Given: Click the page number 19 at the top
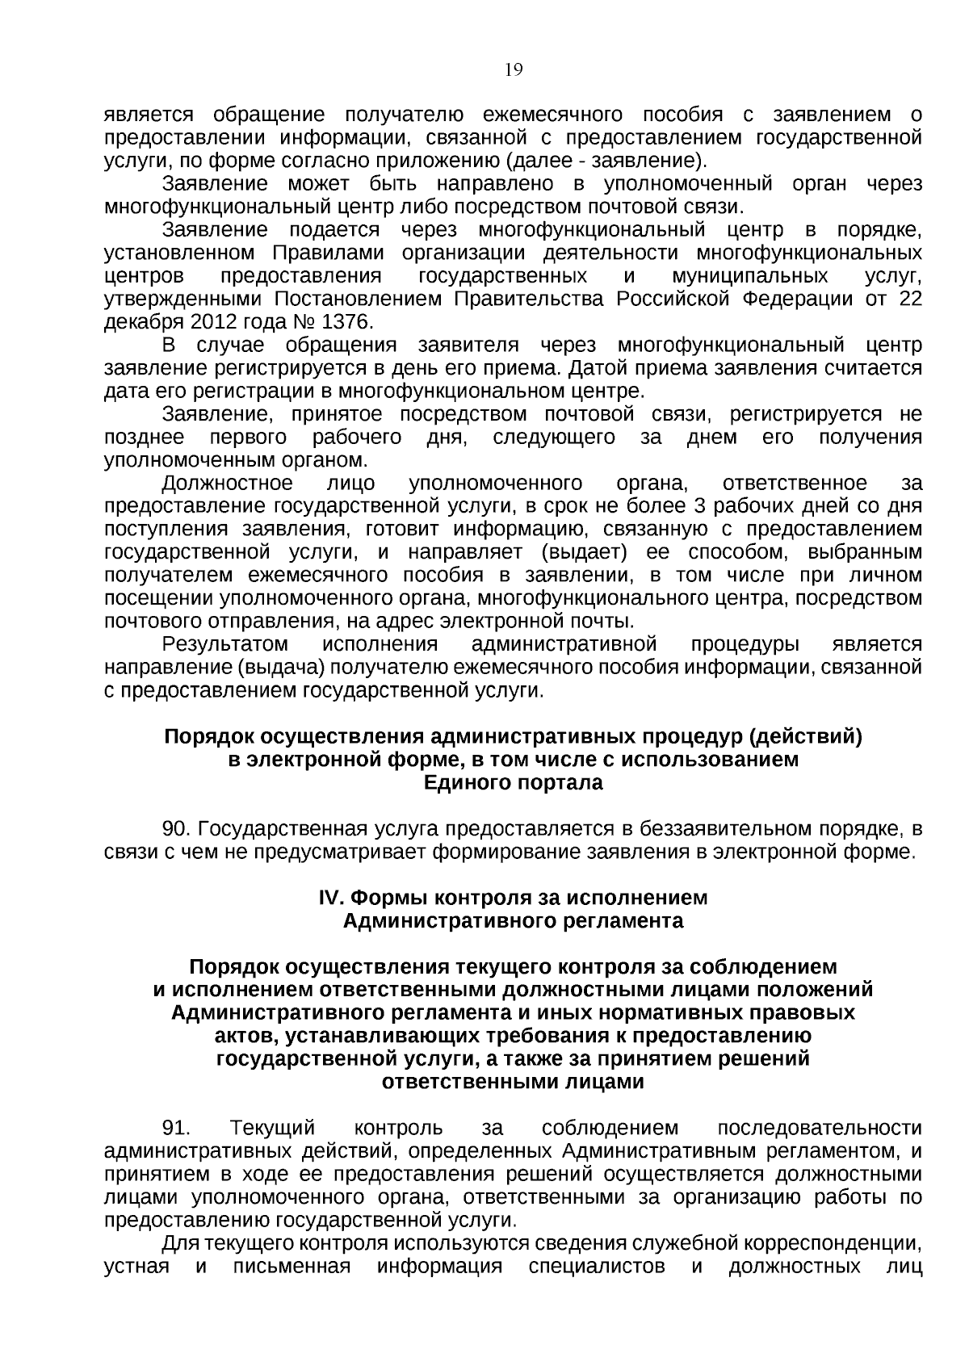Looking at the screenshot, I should point(514,70).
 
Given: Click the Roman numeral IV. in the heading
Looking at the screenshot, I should point(333,898).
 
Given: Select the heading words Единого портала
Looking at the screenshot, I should point(514,783).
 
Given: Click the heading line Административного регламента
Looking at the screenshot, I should point(514,921).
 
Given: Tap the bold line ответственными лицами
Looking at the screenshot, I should point(514,1082).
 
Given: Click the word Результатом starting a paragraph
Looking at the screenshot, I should point(225,645).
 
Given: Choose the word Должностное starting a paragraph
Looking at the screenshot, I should point(228,484).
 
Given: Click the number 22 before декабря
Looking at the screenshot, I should point(910,300).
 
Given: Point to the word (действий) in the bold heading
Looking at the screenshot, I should point(805,737).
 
